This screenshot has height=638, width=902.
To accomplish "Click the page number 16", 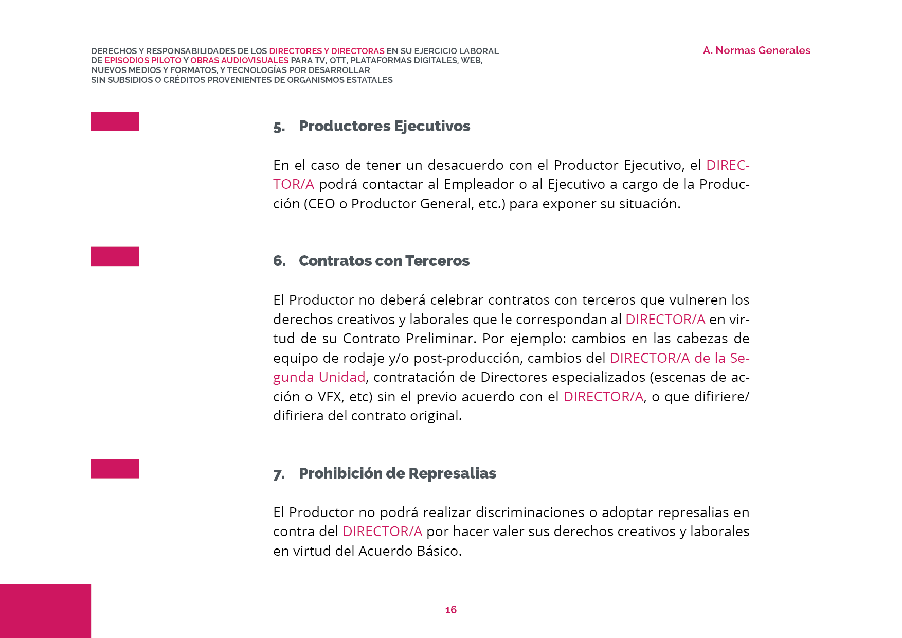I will point(450,610).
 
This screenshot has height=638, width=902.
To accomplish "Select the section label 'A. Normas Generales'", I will point(756,50).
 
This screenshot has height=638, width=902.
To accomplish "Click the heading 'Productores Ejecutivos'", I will point(384,126).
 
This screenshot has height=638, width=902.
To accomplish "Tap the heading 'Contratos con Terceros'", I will point(384,261).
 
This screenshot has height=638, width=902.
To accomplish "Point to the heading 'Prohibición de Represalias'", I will point(397,473).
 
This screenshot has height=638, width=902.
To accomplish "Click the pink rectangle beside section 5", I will point(115,121).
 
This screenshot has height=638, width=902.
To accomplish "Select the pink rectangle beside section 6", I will point(115,256).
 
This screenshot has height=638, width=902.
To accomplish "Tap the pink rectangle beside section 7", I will point(115,469).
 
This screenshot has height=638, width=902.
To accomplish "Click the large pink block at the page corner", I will point(45,611).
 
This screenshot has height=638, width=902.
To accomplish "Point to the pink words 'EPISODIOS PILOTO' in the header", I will point(143,60).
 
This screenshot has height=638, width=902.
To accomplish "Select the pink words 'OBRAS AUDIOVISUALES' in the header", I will point(239,60).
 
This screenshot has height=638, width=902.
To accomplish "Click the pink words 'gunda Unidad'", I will point(319,377).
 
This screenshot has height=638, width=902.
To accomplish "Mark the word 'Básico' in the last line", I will point(439,551).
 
